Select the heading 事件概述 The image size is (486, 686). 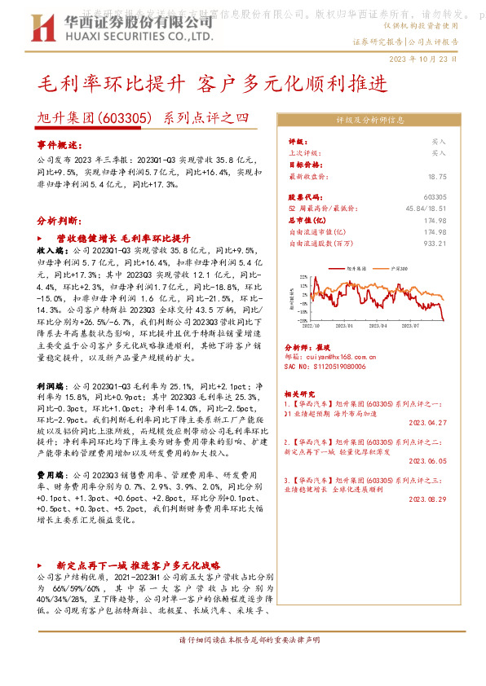click(x=56, y=144)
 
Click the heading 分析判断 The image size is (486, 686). click(x=56, y=220)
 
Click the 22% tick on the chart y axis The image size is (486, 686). click(x=303, y=276)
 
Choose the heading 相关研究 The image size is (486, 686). click(x=306, y=393)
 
